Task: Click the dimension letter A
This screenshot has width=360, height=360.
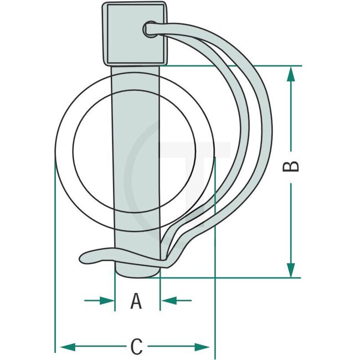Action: (x=136, y=301)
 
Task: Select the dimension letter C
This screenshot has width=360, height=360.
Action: (x=136, y=347)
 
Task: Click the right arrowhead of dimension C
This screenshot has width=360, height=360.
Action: (x=204, y=347)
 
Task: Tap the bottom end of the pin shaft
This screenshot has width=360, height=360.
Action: (x=137, y=271)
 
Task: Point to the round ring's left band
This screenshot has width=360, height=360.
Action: (x=64, y=150)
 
